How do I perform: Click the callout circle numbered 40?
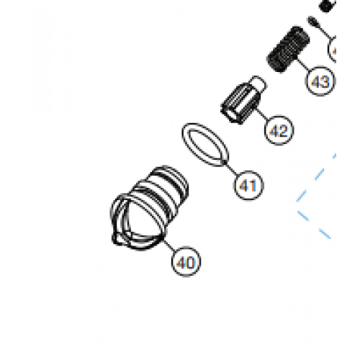tap(186, 263)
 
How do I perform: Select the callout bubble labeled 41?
tap(248, 186)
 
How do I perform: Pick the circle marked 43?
tap(320, 81)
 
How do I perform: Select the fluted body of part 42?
tap(237, 102)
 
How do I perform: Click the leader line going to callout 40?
tap(170, 244)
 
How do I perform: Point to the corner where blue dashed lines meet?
tap(297, 204)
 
